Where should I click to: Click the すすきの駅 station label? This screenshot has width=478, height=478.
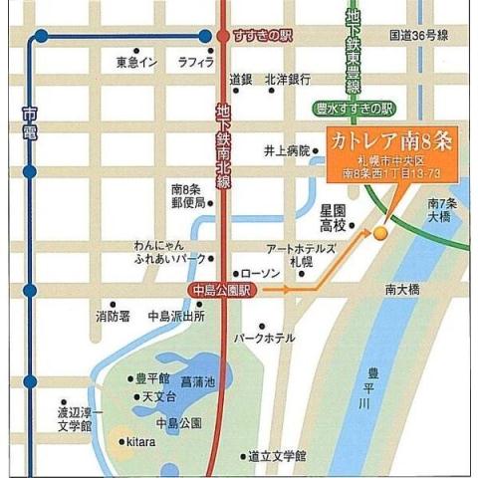260,36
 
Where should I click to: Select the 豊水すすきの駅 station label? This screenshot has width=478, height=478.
355,108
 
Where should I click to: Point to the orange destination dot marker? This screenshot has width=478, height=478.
379,233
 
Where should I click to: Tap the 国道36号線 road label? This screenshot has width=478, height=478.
418,35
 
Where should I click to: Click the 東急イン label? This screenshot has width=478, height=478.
136,62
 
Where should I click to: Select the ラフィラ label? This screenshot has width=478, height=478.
196,62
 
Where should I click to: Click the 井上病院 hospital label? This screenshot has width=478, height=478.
287,151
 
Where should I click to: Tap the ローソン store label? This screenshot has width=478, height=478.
262,272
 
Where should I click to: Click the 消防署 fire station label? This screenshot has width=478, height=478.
113,317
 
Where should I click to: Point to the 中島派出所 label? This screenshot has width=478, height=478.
176,317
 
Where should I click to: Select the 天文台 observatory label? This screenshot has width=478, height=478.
159,397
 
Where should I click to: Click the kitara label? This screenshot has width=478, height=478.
138,442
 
